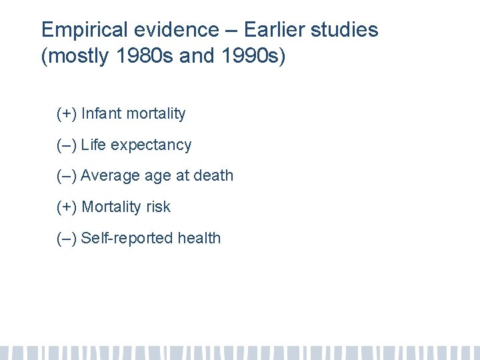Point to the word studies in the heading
point(347,30)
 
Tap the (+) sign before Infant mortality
point(67,114)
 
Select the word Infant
point(101,114)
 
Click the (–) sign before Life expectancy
point(67,145)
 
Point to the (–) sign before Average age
point(67,176)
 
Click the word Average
point(109,176)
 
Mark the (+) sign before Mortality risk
point(67,207)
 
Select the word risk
point(157,207)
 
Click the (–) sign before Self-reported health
point(67,238)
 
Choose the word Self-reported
point(123,238)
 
